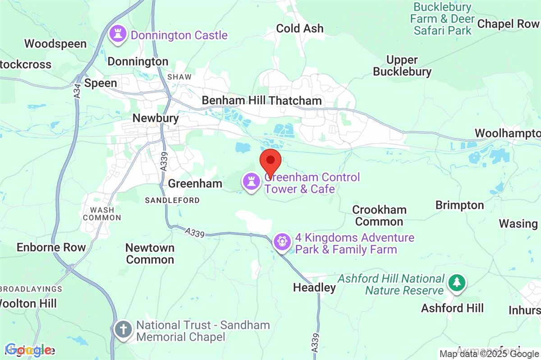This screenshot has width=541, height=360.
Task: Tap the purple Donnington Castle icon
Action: [118, 35]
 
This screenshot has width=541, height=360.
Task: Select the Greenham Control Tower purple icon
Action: [250, 182]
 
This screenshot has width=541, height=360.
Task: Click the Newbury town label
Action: [156, 118]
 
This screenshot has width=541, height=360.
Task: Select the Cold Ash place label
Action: [300, 28]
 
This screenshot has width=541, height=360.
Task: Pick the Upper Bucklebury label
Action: [402, 66]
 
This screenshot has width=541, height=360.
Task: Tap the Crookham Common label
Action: [379, 216]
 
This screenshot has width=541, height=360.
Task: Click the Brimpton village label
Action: [459, 205]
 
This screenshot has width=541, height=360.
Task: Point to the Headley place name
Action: [314, 287]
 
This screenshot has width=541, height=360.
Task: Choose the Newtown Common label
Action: [150, 254]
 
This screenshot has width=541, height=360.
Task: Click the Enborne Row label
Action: [51, 247]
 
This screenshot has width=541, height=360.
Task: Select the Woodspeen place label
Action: [55, 44]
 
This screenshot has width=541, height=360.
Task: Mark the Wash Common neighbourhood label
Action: [105, 214]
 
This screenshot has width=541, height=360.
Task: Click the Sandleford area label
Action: [172, 200]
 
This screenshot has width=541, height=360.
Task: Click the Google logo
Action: [28, 350]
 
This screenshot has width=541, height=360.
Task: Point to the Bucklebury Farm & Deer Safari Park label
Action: [442, 19]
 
